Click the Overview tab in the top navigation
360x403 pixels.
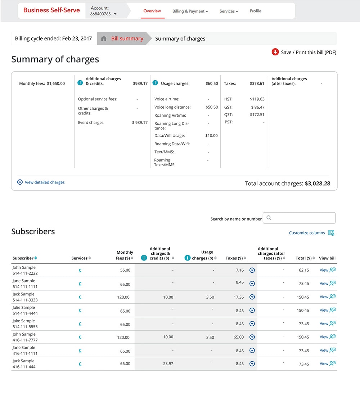(152, 11)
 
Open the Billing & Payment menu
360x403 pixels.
(190, 11)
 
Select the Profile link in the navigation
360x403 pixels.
(255, 11)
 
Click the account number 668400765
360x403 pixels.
(101, 14)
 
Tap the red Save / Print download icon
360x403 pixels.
(275, 52)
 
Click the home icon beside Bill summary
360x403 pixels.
(104, 39)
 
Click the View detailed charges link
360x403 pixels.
(45, 182)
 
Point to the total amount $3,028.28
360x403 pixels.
(317, 184)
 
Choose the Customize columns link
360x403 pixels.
(307, 233)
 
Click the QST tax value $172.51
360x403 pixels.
(257, 115)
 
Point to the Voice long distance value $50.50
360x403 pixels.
(211, 107)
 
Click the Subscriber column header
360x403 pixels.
(23, 258)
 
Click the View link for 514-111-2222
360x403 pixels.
(324, 270)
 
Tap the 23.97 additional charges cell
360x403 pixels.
(168, 364)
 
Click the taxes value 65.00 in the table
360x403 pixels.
(238, 337)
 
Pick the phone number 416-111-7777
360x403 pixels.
(25, 340)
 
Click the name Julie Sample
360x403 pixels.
(24, 308)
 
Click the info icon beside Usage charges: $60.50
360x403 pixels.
(155, 83)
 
